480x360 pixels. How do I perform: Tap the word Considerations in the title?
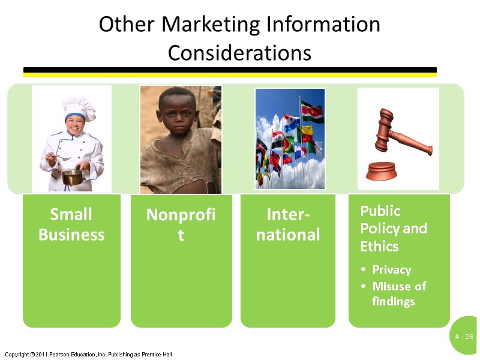click(x=239, y=53)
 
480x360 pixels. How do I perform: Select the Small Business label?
click(x=71, y=224)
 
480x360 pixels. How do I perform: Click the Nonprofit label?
click(x=181, y=224)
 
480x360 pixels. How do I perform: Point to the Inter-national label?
click(x=288, y=224)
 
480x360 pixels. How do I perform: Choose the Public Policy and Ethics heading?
click(x=393, y=229)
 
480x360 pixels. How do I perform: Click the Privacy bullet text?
click(x=391, y=269)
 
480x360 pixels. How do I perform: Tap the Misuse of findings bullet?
click(x=398, y=293)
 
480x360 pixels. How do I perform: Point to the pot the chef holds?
click(x=72, y=176)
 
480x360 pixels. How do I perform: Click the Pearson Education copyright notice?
click(x=88, y=355)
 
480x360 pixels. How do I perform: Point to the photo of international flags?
click(x=289, y=139)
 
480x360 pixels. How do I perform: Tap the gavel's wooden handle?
click(x=415, y=145)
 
